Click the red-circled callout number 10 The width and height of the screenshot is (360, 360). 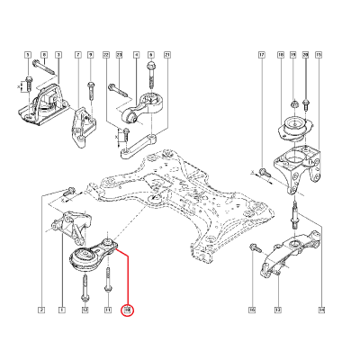pyautogui.click(x=128, y=310)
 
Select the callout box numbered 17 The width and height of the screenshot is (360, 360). pyautogui.click(x=262, y=56)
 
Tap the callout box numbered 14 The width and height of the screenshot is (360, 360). pyautogui.click(x=321, y=310)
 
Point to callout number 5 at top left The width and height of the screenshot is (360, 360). pyautogui.click(x=28, y=56)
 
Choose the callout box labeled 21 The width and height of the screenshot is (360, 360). pyautogui.click(x=167, y=56)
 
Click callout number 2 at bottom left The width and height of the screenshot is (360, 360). pyautogui.click(x=40, y=310)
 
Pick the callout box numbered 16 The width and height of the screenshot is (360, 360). pyautogui.click(x=252, y=310)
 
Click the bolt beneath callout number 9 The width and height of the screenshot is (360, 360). pyautogui.click(x=90, y=89)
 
